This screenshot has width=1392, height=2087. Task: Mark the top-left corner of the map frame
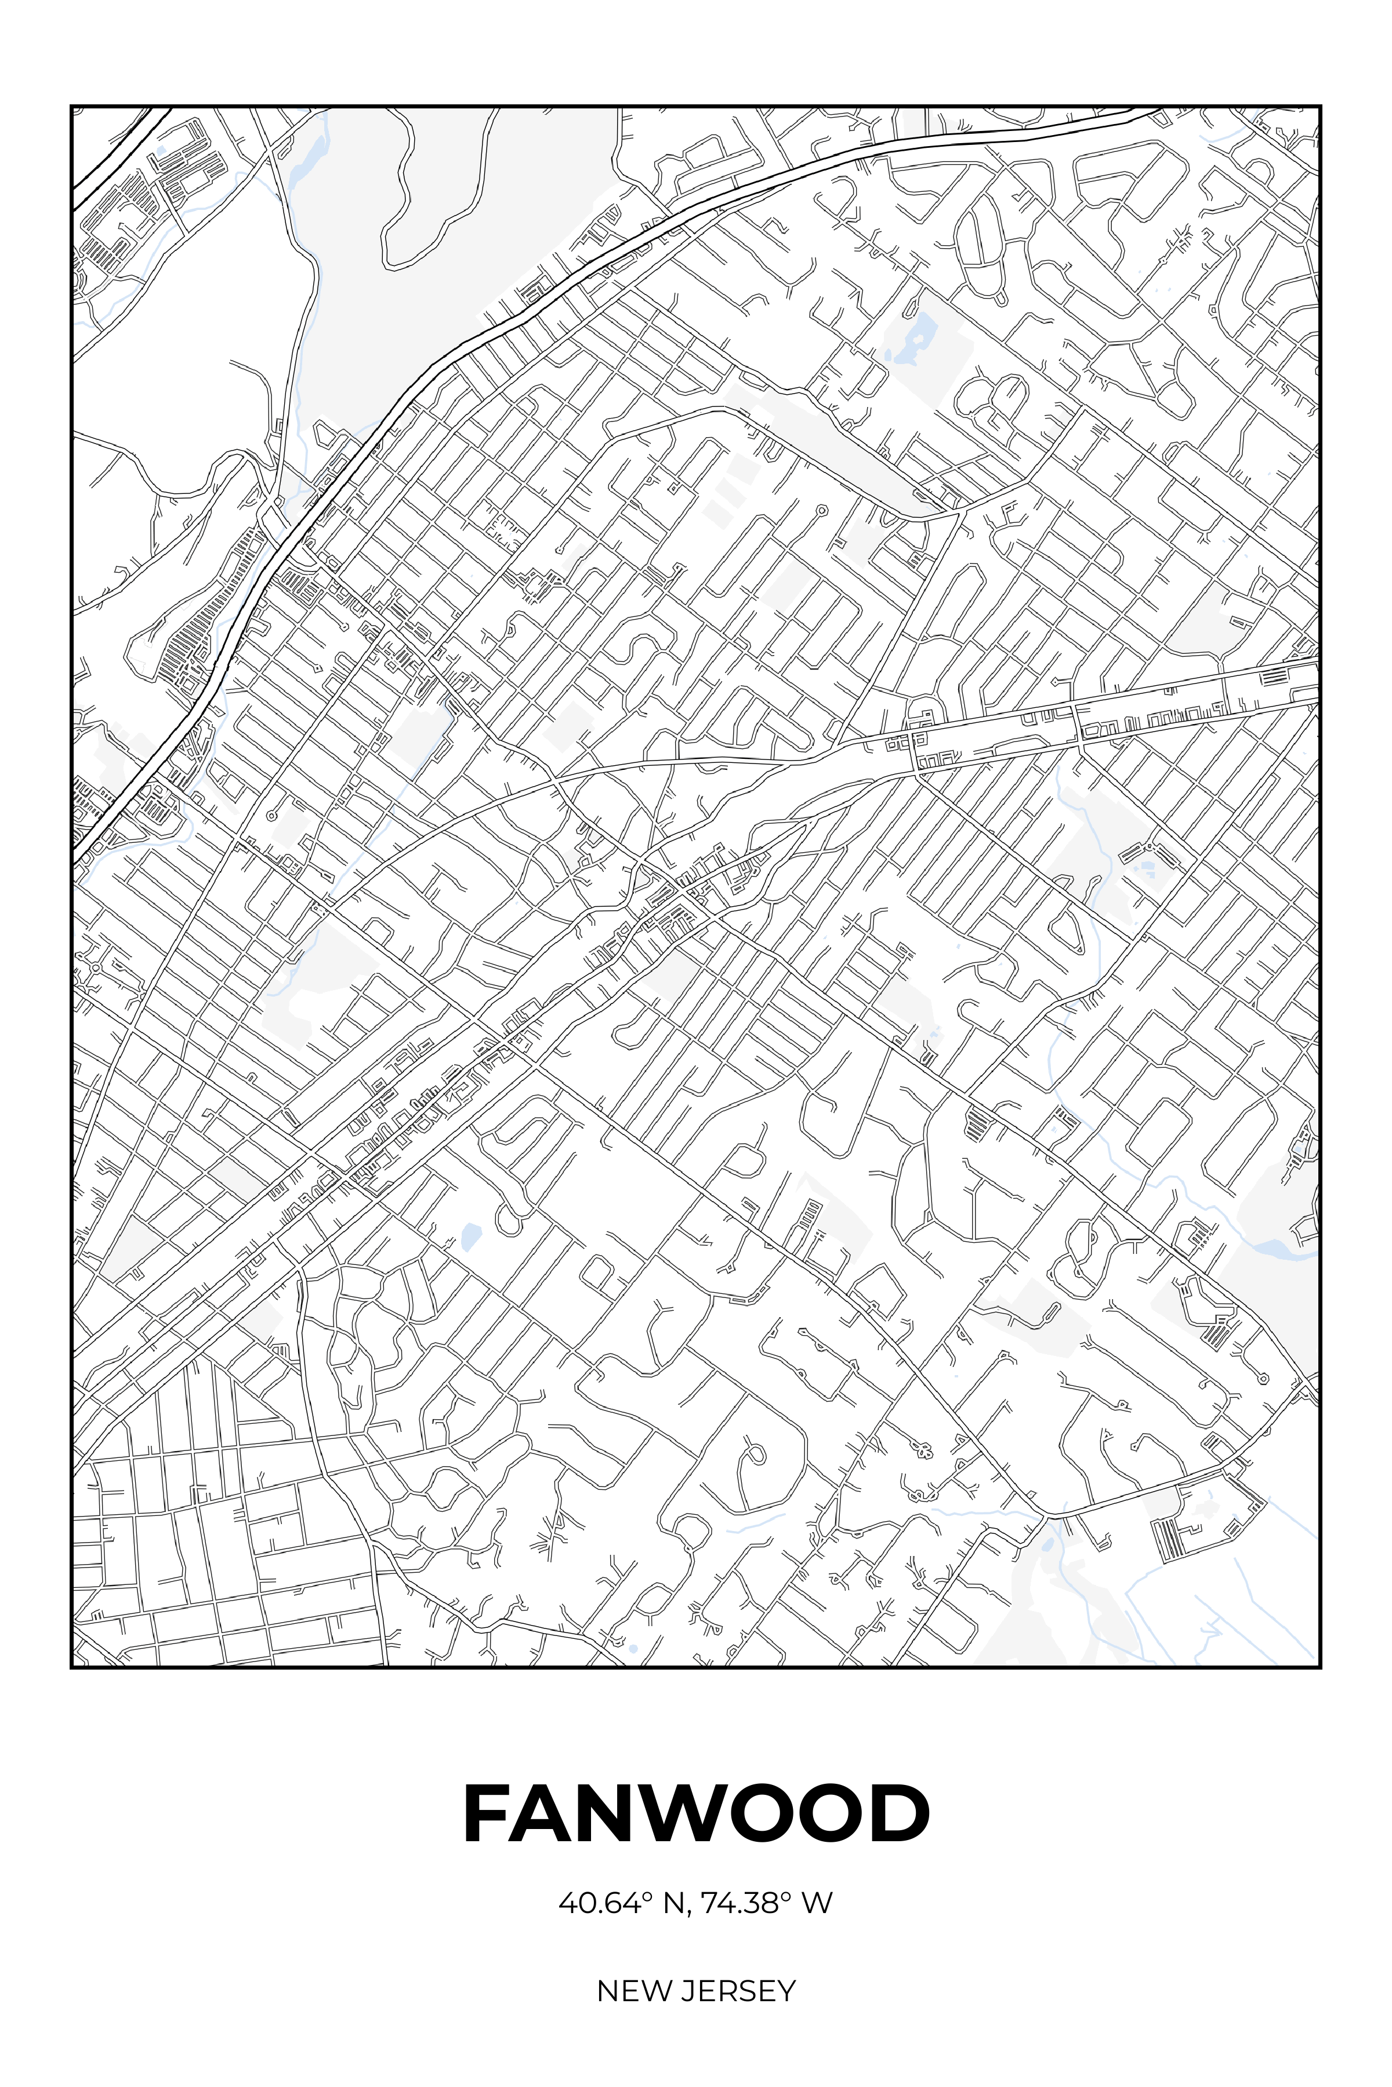(x=71, y=106)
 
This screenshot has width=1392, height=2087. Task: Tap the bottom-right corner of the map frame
(x=1321, y=1668)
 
